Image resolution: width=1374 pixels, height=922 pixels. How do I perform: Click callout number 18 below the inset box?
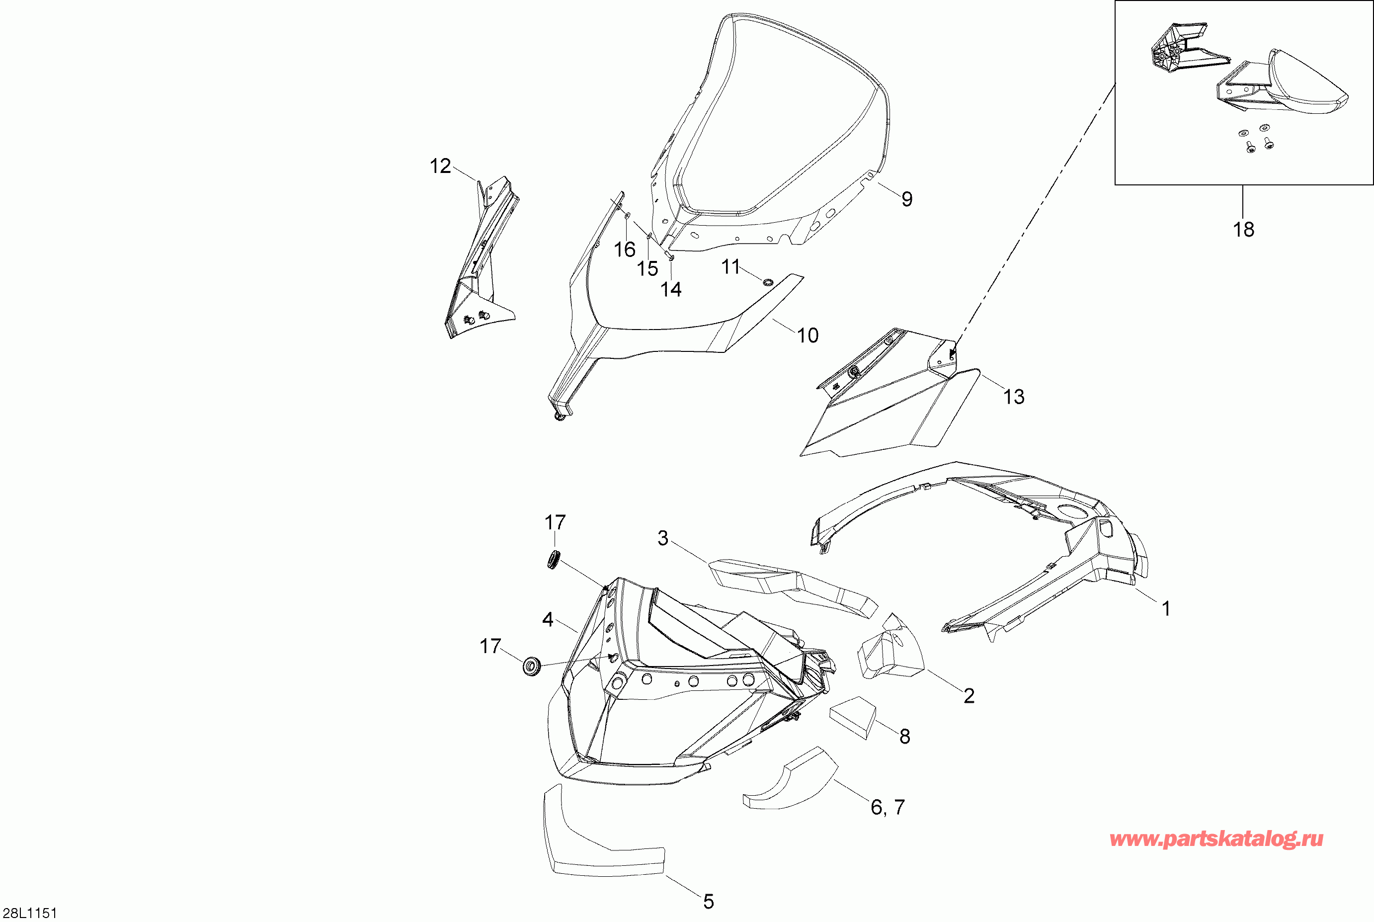[x=1243, y=229]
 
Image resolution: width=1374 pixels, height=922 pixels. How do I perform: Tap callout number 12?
[x=440, y=167]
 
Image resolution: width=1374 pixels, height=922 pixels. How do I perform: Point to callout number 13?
[x=1014, y=397]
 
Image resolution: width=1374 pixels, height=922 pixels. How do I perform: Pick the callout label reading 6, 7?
[x=887, y=807]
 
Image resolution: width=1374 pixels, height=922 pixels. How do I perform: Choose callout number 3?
[x=662, y=538]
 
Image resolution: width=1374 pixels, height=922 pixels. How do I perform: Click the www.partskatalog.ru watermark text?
[x=1216, y=839]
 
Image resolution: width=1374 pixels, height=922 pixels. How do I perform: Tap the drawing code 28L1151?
[x=29, y=913]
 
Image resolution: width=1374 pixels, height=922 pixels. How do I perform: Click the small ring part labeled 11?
[x=767, y=283]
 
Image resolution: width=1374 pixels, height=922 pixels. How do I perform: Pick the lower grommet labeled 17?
[x=532, y=668]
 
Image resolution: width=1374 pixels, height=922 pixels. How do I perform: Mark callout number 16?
[x=624, y=250]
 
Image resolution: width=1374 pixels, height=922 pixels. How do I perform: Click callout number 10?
[x=807, y=336]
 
